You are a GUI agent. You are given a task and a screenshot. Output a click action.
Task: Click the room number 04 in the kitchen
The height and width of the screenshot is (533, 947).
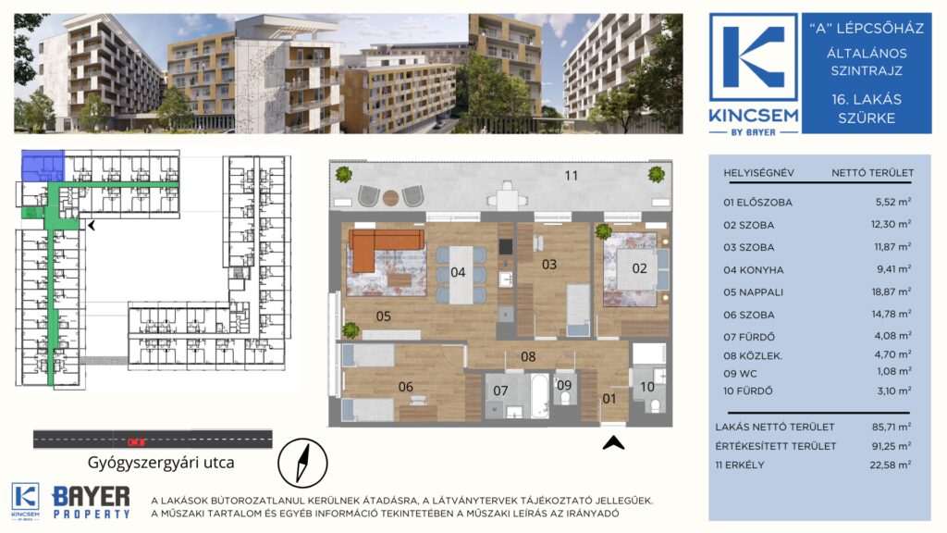click(x=458, y=273)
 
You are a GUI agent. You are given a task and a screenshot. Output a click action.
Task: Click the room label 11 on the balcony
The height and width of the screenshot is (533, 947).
click(x=572, y=175)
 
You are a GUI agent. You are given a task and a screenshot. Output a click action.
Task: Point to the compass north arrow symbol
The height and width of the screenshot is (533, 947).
click(x=302, y=464)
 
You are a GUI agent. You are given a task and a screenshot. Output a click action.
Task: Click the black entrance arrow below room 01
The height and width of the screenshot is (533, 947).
click(x=613, y=443)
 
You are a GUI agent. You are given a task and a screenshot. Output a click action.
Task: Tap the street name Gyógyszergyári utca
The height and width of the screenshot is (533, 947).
click(x=161, y=463)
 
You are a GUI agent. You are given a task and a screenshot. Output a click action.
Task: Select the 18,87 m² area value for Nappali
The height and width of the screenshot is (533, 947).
click(x=892, y=291)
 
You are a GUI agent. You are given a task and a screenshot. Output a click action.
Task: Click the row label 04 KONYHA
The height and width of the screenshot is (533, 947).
click(x=753, y=270)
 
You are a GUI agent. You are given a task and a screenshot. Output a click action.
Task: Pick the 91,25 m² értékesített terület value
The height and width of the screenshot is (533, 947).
click(x=892, y=446)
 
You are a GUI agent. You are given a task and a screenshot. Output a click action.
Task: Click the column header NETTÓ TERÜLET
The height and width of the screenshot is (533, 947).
click(x=873, y=173)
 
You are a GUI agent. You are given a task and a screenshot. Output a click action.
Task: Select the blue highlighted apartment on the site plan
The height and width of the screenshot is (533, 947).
click(x=43, y=167)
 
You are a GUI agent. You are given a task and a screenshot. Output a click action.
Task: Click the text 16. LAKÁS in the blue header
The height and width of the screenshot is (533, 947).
click(x=867, y=99)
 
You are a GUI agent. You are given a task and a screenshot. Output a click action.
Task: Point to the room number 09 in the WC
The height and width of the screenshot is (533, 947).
click(x=564, y=386)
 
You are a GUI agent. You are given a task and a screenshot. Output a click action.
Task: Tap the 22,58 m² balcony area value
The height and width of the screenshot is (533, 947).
click(x=892, y=465)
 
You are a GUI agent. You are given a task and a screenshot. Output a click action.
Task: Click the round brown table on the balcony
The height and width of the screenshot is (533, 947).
click(x=391, y=197)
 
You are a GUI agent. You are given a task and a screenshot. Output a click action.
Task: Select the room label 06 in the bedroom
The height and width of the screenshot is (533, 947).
click(x=405, y=387)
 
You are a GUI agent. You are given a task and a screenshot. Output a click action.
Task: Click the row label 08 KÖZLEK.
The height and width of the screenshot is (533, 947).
click(x=753, y=356)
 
